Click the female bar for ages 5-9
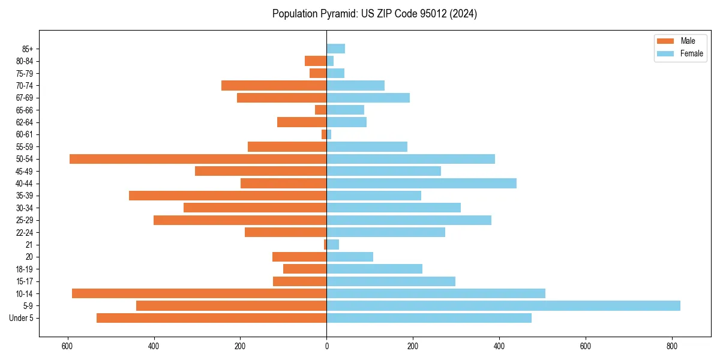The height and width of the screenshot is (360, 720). (x=503, y=306)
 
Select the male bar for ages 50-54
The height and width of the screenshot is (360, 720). (x=198, y=159)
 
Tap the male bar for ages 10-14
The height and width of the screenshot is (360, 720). (x=199, y=293)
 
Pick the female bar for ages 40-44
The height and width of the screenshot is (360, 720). (x=421, y=184)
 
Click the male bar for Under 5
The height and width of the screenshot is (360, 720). (x=211, y=318)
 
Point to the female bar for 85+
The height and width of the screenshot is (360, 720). (x=335, y=49)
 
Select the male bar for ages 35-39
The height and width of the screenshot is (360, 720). (x=227, y=196)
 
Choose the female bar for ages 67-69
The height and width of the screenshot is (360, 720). (x=368, y=98)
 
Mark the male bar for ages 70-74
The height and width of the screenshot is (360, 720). (x=274, y=85)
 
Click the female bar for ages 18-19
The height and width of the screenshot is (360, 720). (x=374, y=269)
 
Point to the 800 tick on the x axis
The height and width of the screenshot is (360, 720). (x=672, y=346)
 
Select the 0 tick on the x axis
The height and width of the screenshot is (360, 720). (x=326, y=346)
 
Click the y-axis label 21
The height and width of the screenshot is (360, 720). (x=29, y=245)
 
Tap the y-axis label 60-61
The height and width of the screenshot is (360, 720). (x=25, y=134)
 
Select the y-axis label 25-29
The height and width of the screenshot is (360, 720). (x=25, y=220)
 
